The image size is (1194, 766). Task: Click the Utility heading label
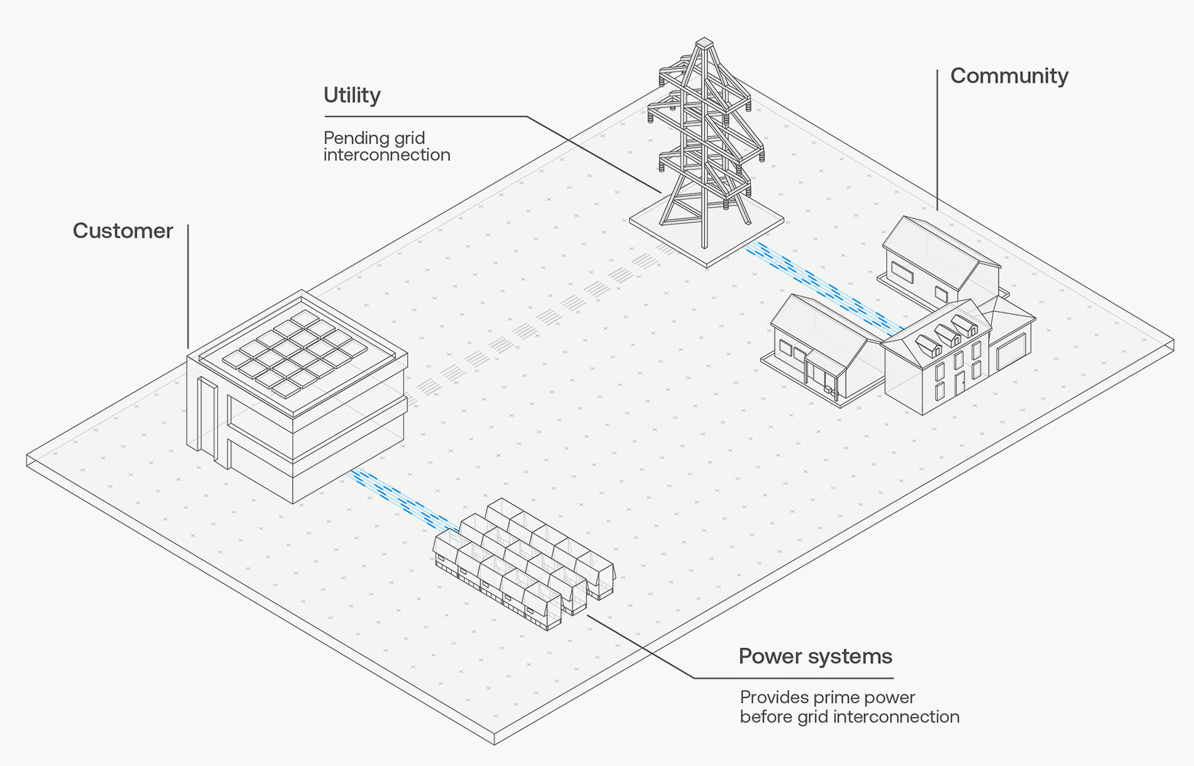pyautogui.click(x=351, y=95)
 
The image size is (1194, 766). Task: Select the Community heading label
pyautogui.click(x=1009, y=76)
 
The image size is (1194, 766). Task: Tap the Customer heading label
pyautogui.click(x=122, y=231)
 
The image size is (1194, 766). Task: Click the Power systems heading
pyautogui.click(x=815, y=656)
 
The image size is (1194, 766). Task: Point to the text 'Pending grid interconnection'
pyautogui.click(x=387, y=146)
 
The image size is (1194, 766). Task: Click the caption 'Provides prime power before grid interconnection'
pyautogui.click(x=849, y=707)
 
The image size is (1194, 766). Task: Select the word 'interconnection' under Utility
pyautogui.click(x=387, y=155)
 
